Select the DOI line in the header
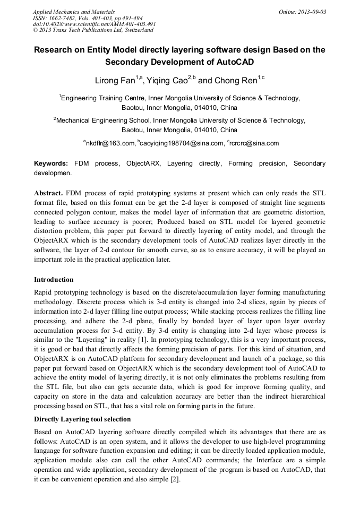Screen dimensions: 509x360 [94, 24]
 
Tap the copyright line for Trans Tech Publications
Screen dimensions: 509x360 [93, 30]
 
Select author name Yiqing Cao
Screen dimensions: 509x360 [169, 81]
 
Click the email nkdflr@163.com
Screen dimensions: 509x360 [110, 143]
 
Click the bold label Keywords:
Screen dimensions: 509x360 [51, 164]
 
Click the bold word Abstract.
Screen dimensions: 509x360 [48, 192]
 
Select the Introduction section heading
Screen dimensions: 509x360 [54, 280]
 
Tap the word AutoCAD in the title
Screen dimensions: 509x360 [231, 62]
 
